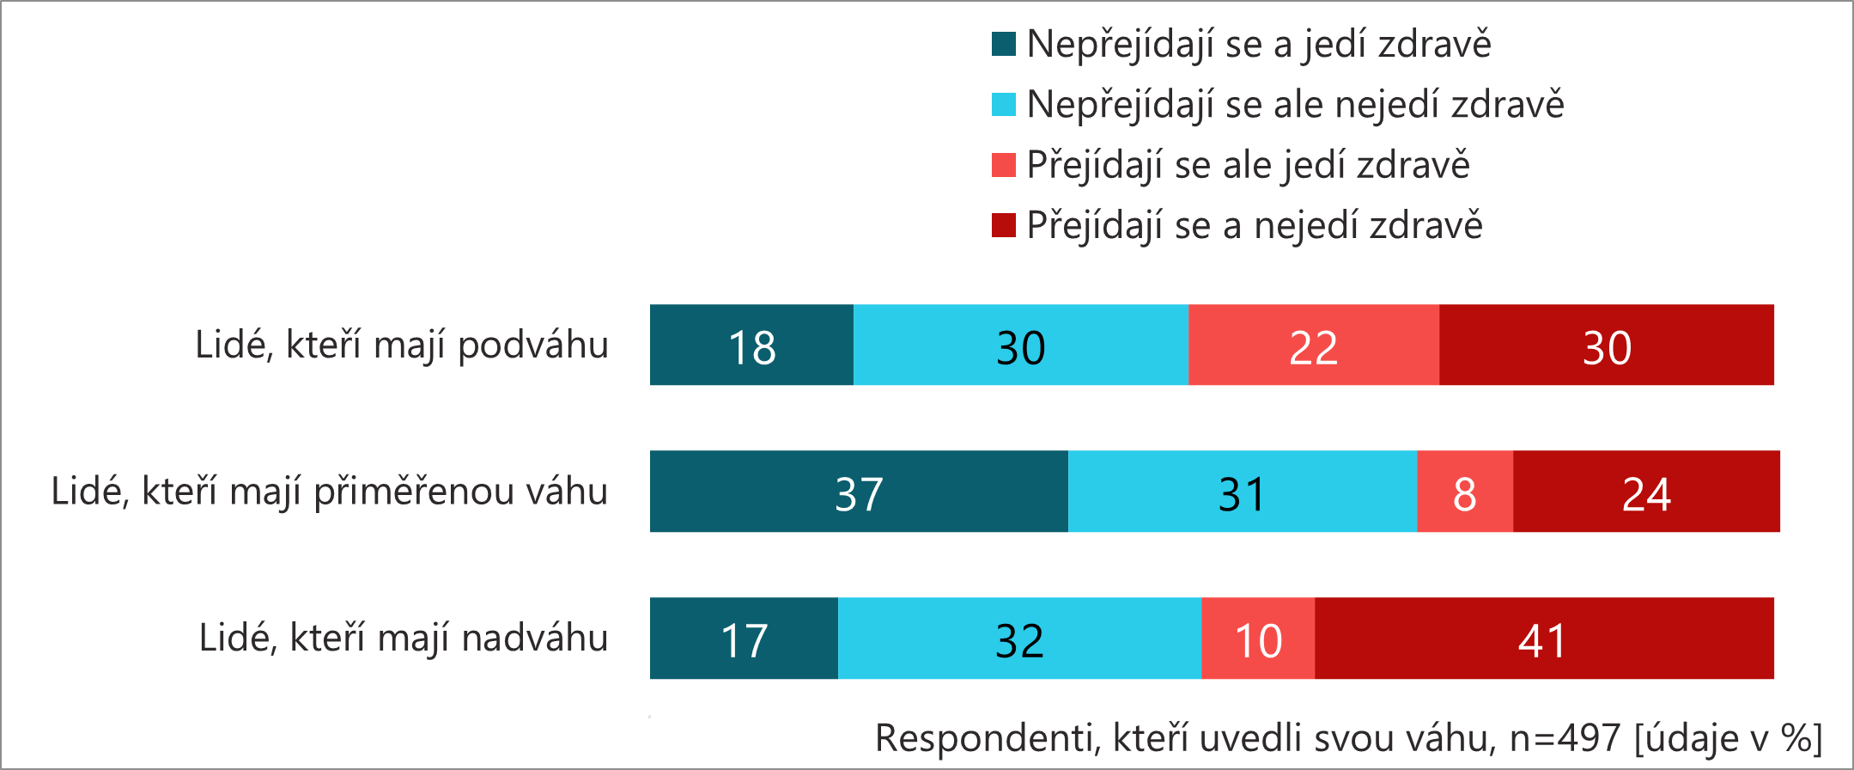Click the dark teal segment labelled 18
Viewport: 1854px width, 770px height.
[x=751, y=345]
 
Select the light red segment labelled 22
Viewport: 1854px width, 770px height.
[x=1313, y=345]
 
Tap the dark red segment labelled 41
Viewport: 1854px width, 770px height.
[x=1543, y=638]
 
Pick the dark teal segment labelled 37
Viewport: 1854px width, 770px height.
[x=859, y=491]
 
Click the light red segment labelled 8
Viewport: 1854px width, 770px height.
[x=1464, y=491]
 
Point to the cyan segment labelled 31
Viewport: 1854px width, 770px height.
[x=1242, y=491]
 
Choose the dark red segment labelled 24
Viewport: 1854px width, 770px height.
[x=1646, y=491]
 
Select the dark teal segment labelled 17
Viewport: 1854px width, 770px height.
[x=744, y=638]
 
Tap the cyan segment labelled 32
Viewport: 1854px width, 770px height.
[x=1019, y=638]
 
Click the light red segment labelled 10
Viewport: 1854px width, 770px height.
[x=1258, y=638]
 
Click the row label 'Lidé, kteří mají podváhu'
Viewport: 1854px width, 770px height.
[x=402, y=345]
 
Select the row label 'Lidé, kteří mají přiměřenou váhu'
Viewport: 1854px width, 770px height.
[x=330, y=492]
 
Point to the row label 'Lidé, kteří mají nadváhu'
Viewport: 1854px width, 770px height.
[x=404, y=639]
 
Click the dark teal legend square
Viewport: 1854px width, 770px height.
[x=1003, y=44]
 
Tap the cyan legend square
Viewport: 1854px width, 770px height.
[x=1003, y=105]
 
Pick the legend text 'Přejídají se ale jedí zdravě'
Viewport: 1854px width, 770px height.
[x=1248, y=165]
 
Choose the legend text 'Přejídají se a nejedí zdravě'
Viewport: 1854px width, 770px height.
[x=1255, y=226]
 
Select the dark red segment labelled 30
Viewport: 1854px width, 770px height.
[x=1606, y=345]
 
